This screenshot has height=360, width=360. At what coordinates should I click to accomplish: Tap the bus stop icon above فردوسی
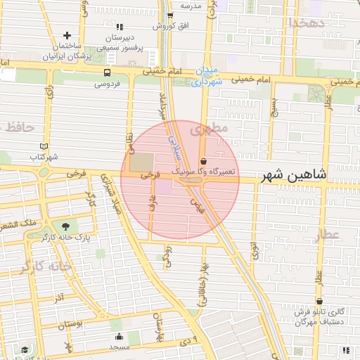coord(107,72)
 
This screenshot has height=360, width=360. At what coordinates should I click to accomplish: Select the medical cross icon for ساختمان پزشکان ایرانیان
coord(67,35)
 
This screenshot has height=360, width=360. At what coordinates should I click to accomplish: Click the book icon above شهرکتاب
coord(44,146)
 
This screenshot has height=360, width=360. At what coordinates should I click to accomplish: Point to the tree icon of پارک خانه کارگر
coord(65,226)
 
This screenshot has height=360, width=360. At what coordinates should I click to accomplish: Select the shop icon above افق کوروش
coord(169,15)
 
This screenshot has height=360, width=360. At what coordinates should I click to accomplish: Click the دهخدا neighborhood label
coord(307,22)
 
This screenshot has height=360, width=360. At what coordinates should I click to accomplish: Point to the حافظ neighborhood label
coord(19,127)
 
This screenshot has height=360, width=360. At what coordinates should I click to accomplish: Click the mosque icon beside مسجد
coord(118,336)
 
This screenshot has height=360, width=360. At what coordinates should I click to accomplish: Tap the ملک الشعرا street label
coord(18,224)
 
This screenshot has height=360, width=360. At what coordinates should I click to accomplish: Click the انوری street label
coord(255,252)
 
